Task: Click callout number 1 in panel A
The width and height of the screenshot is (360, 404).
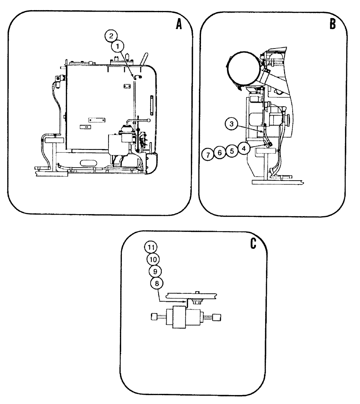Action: (x=117, y=46)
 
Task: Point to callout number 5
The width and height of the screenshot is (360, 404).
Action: (x=231, y=151)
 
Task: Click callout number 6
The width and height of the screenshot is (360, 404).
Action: (x=219, y=153)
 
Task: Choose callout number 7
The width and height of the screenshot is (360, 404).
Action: (x=207, y=154)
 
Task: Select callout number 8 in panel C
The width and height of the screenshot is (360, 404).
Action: (x=156, y=283)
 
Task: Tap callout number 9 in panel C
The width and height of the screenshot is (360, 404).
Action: (x=155, y=271)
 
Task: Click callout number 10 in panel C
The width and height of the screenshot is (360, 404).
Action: (x=153, y=259)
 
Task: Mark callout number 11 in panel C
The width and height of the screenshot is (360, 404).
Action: (x=152, y=246)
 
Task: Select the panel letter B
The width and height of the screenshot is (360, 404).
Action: (x=333, y=25)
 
